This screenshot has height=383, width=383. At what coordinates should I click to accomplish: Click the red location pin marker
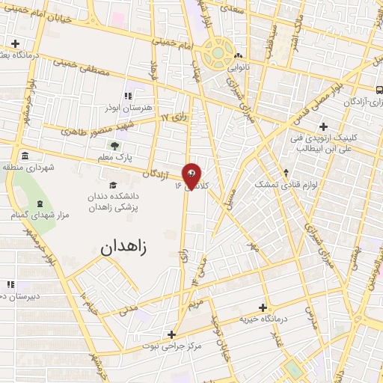[191, 176]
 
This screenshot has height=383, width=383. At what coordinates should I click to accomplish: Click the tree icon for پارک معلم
[114, 145]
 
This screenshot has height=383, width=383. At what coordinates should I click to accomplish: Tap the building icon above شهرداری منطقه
[25, 156]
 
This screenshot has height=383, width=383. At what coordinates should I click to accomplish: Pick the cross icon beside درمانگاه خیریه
[263, 307]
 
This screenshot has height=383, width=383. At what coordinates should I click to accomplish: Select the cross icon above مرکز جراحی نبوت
[172, 334]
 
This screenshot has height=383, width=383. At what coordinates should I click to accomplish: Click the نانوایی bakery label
[238, 66]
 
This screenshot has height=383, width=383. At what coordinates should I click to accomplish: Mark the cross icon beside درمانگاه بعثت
[16, 43]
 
